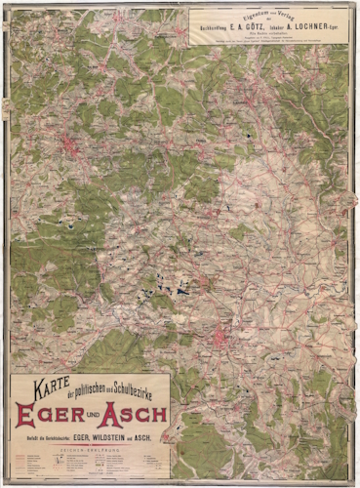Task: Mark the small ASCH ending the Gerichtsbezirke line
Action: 142,435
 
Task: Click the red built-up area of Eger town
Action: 226,343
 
